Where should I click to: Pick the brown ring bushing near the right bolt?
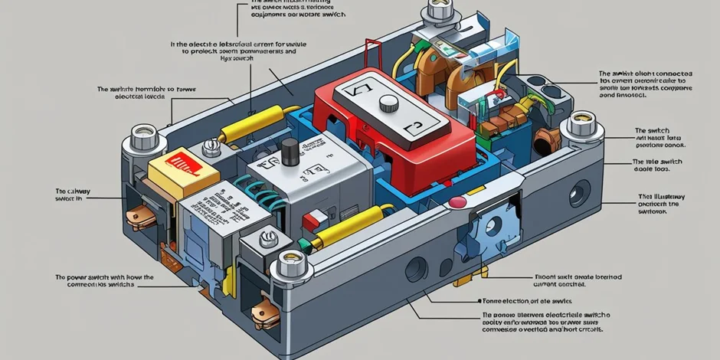[546, 139]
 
